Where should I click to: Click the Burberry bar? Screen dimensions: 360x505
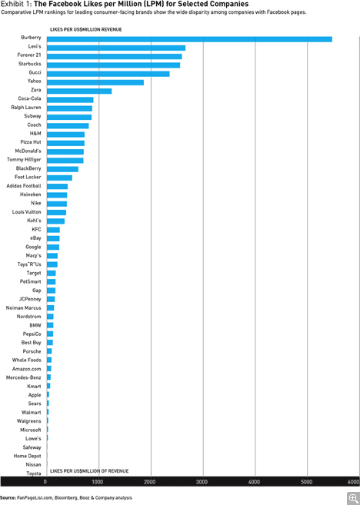coord(189,39)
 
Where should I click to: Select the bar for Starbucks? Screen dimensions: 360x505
coord(113,65)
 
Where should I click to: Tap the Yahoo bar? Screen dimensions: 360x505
coord(95,82)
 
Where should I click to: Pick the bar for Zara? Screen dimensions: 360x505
coord(79,91)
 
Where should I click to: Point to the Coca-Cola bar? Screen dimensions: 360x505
coord(70,100)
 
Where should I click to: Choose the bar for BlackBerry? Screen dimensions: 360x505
coord(62,169)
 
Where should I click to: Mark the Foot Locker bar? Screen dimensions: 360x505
coord(60,178)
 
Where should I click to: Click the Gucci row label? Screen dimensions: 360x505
coord(35,72)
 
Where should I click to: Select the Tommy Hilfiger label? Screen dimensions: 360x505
coord(24,160)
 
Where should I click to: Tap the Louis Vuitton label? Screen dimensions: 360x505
coord(27,212)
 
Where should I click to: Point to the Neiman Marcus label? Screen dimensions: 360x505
coord(24,308)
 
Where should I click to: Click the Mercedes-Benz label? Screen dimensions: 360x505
coord(24,377)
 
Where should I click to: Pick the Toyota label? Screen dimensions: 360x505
coord(34,473)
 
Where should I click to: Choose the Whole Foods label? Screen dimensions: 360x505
coord(27,360)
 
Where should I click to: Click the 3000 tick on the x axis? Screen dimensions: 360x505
coord(203,482)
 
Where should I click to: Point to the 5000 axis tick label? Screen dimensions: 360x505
coord(307,482)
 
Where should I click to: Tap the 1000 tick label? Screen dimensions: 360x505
coord(98,482)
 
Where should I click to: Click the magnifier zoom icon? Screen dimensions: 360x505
coord(354,499)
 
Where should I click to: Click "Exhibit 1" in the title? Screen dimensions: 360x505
coord(16,4)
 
